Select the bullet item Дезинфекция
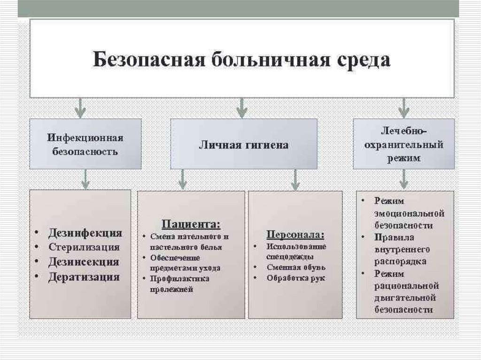85,233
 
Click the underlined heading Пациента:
191,223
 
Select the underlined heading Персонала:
295,234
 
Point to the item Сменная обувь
296,267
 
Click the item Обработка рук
296,278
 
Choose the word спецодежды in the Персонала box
290,257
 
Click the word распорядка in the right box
401,261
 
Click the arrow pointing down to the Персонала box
295,179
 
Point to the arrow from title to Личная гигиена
241,107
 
